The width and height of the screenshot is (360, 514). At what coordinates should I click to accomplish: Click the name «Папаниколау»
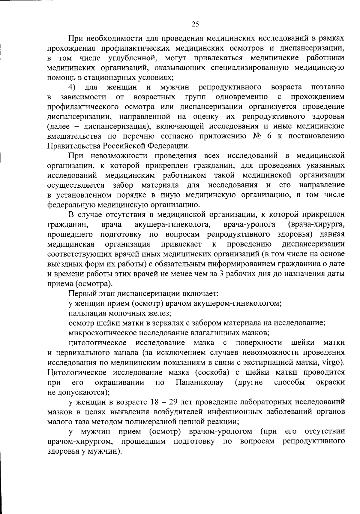coord(199,382)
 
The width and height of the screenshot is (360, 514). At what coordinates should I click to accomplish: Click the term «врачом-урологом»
coord(220,431)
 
